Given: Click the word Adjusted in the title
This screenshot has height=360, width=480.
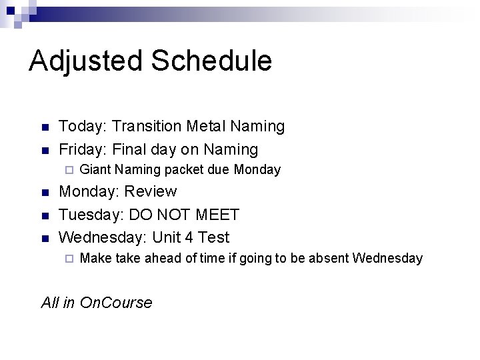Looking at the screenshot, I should click(85, 61).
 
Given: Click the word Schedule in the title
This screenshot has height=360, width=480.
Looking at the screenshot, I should click(212, 61).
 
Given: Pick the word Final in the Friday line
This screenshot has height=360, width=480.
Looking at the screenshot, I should click(132, 149).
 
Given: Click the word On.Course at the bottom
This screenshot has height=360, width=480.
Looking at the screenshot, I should click(115, 303).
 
